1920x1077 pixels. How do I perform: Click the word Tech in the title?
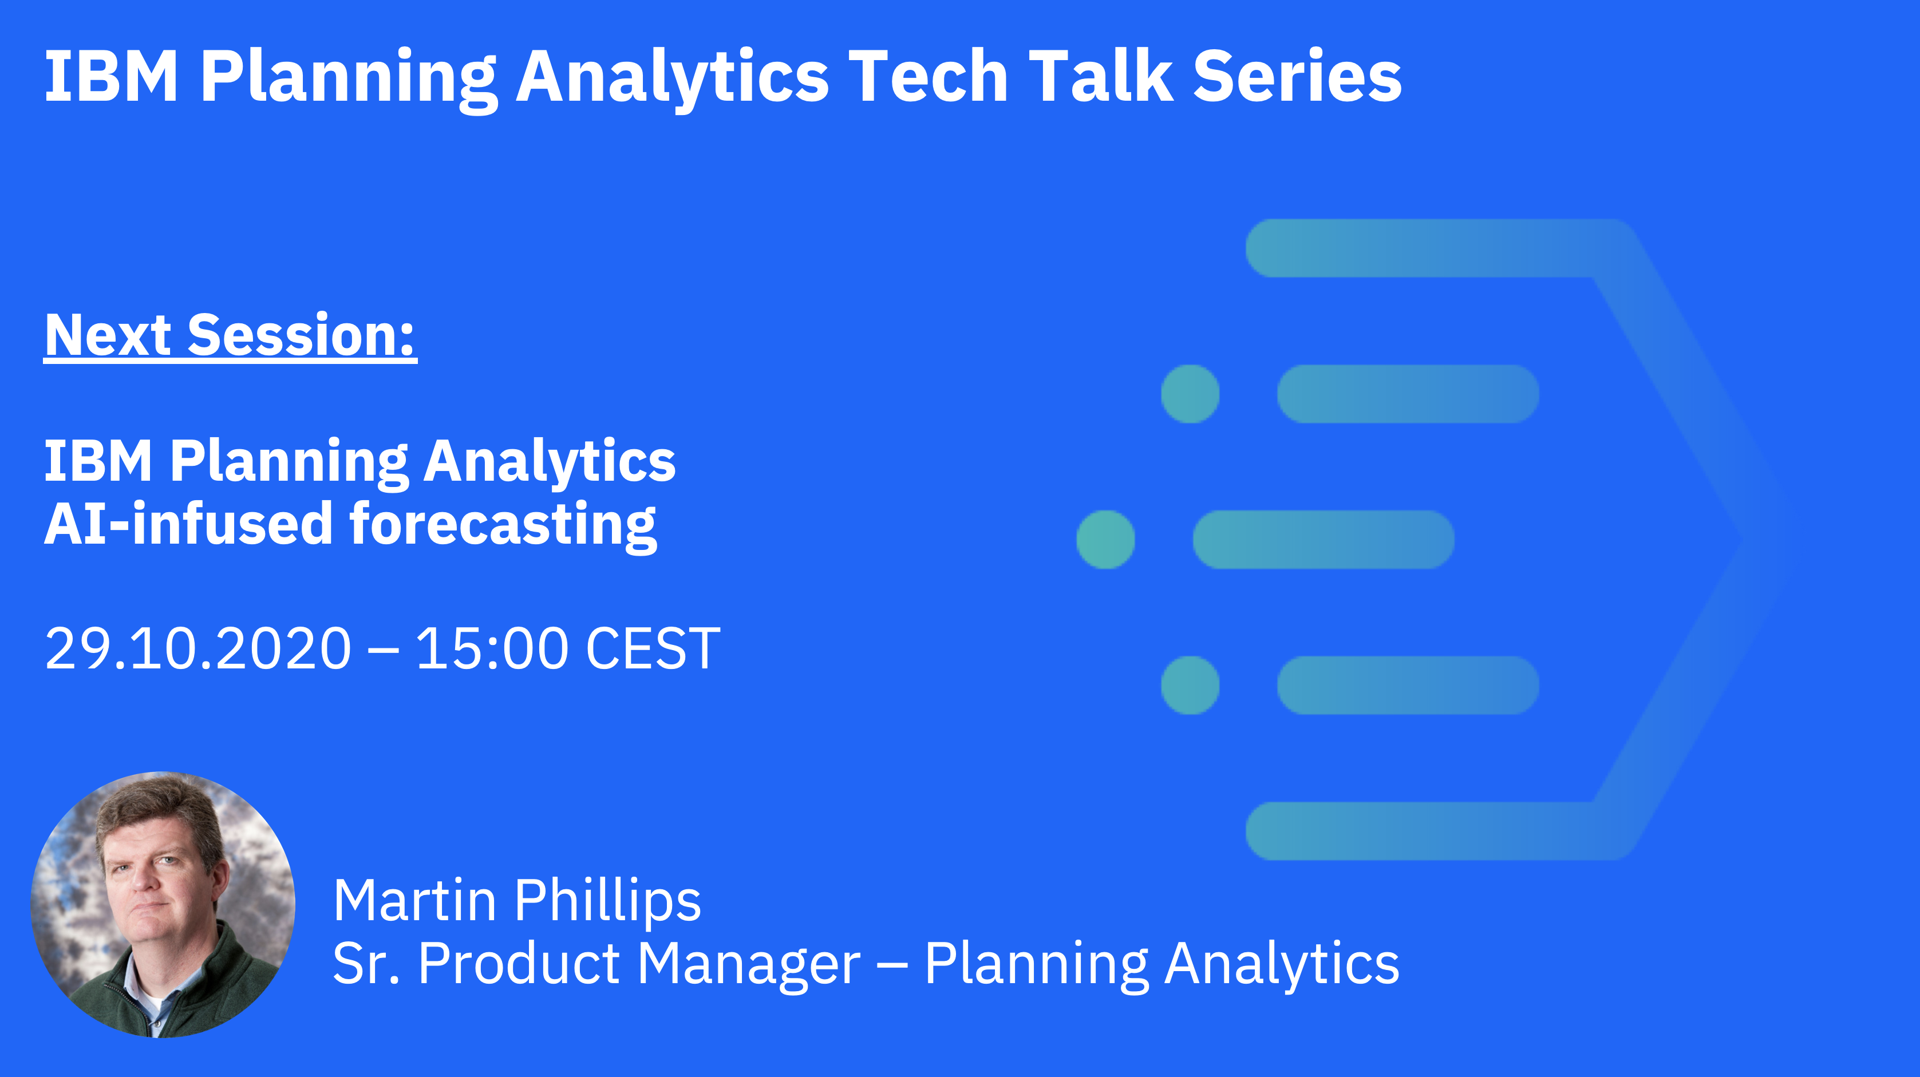pos(927,76)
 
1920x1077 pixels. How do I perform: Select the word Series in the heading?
pos(1297,76)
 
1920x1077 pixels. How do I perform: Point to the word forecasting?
pos(503,525)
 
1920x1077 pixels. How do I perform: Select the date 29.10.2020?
pos(198,648)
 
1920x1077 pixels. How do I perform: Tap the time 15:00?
pos(492,648)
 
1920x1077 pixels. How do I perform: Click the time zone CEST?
pos(653,648)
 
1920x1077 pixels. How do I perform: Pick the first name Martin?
pos(414,900)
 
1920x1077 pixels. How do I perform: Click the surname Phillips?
pos(607,902)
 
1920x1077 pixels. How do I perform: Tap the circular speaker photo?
pos(163,904)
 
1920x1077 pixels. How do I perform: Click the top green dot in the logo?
pos(1190,394)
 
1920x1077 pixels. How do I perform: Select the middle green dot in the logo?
pos(1106,540)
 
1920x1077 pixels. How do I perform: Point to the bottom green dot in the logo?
pos(1190,685)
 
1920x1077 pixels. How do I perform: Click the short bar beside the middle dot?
pos(1324,540)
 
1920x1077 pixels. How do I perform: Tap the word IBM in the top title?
pos(112,76)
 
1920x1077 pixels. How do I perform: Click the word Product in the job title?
pos(519,964)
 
